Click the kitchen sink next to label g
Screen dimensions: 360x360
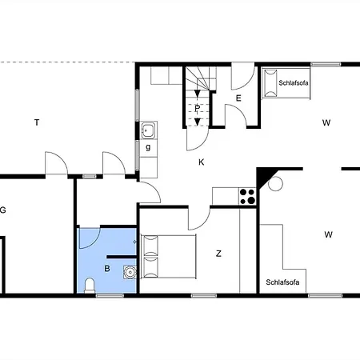[x=149, y=130]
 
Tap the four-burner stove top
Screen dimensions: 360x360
[x=247, y=196]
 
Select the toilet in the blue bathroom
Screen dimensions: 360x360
[x=90, y=286]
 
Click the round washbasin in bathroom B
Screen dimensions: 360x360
[x=130, y=272]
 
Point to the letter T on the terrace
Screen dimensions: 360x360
[x=37, y=122]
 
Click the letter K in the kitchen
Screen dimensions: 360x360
[x=202, y=162]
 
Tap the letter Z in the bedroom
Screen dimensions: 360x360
[x=218, y=254]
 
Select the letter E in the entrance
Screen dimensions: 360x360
[x=238, y=98]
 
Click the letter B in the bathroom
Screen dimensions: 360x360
[x=107, y=268]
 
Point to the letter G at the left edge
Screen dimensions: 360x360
[x=2, y=210]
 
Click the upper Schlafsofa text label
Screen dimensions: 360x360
[x=294, y=83]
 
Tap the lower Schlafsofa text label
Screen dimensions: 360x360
[x=282, y=282]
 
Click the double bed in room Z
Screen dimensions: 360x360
[x=169, y=256]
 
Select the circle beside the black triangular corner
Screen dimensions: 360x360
[x=275, y=184]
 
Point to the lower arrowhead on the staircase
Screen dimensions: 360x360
[x=198, y=122]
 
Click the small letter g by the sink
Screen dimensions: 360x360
[x=148, y=147]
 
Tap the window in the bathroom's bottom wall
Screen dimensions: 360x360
[x=110, y=295]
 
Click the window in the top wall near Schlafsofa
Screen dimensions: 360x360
[x=326, y=64]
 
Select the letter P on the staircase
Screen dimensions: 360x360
[x=198, y=109]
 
